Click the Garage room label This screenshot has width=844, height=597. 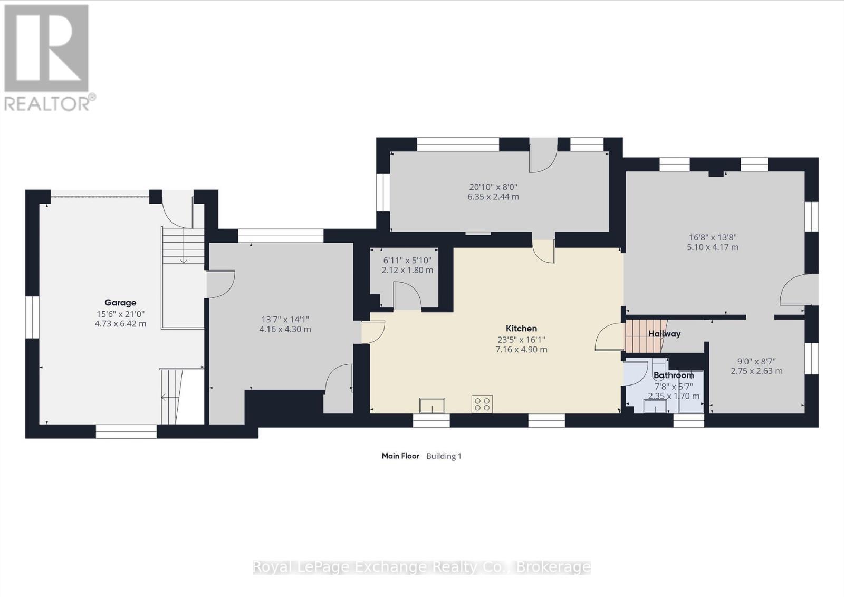click(x=120, y=303)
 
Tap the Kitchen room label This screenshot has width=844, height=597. click(x=521, y=329)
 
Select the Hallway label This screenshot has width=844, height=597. click(x=664, y=334)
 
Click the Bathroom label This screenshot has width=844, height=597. click(x=673, y=375)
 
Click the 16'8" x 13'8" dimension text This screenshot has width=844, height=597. click(x=712, y=237)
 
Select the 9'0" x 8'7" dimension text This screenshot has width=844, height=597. click(x=756, y=361)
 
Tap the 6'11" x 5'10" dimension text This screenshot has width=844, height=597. click(x=407, y=260)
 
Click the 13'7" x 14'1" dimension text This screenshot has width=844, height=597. click(x=285, y=320)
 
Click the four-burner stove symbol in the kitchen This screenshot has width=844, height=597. click(x=482, y=404)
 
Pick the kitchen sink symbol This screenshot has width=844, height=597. click(x=432, y=405)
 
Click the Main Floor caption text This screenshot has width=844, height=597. click(x=400, y=456)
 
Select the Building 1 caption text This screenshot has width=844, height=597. click(x=444, y=456)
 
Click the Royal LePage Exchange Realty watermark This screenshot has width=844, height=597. click(x=421, y=567)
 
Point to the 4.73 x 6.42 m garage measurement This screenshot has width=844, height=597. click(x=120, y=323)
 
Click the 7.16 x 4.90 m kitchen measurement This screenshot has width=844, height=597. click(x=521, y=349)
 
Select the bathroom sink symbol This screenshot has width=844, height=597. click(x=655, y=406)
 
